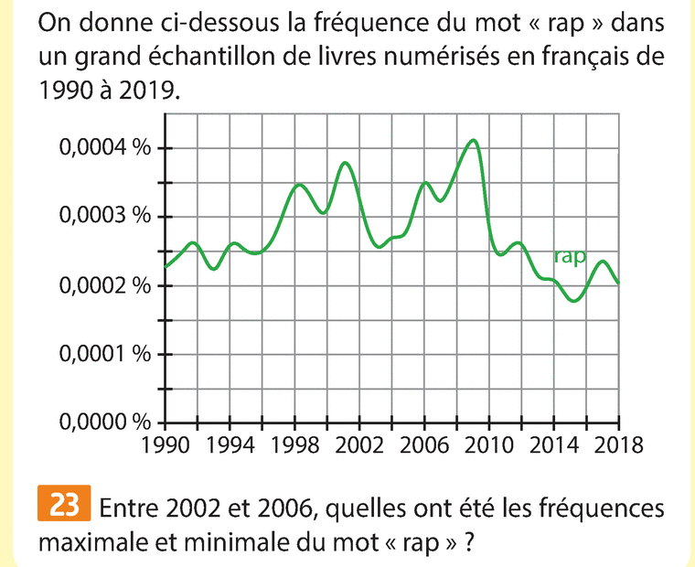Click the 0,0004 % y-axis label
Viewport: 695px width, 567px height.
point(103,149)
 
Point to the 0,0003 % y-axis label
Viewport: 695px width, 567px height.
point(103,218)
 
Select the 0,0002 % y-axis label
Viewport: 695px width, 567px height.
point(103,286)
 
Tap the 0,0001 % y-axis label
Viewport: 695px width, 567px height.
point(103,355)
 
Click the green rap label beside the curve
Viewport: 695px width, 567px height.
point(570,258)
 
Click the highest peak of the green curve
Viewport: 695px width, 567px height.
point(472,140)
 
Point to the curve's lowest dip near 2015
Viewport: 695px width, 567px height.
point(573,300)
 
